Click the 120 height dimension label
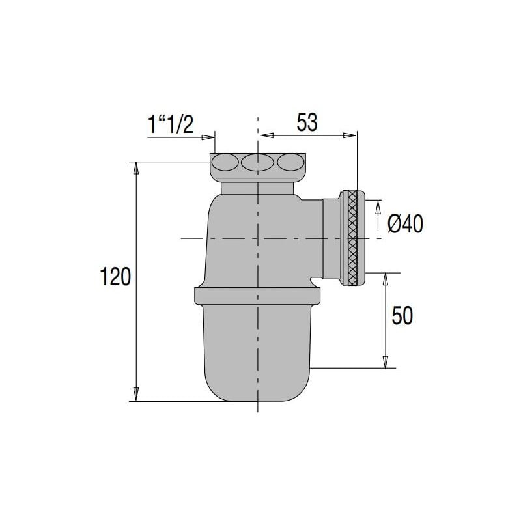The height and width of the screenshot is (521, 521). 117,277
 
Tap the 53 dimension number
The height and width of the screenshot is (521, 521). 307,122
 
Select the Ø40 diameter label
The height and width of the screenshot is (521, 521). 405,225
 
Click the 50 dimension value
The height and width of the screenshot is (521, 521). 402,317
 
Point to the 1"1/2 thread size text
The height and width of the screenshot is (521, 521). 170,124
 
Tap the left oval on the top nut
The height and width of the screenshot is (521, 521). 225,162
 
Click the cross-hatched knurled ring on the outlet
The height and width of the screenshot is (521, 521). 353,238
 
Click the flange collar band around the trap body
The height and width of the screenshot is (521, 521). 258,295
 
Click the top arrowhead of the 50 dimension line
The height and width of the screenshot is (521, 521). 385,279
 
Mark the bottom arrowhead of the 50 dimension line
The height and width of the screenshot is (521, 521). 385,363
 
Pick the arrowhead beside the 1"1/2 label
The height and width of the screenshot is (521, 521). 210,137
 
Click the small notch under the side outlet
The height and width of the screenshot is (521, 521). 315,282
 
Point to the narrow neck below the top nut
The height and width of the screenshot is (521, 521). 258,188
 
